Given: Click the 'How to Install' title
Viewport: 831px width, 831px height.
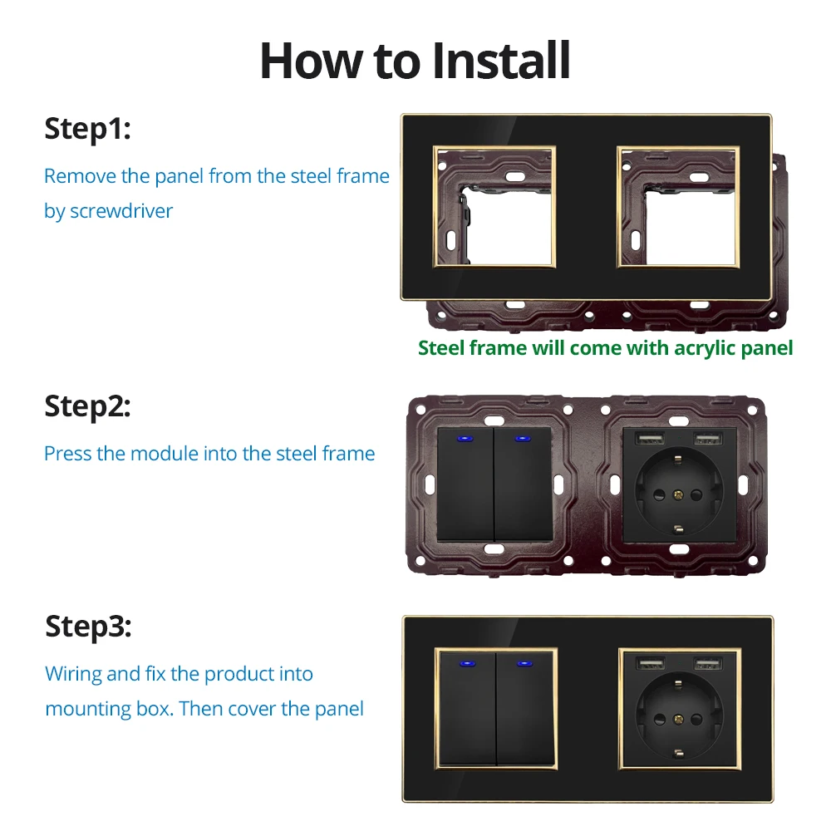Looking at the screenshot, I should point(415,60).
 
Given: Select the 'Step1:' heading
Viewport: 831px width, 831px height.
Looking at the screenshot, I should point(87,130).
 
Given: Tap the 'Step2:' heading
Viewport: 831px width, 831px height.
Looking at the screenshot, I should point(87,406).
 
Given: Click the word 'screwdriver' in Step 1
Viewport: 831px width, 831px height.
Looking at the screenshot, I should point(121,211).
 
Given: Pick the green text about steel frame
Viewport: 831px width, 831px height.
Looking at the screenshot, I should point(605,348).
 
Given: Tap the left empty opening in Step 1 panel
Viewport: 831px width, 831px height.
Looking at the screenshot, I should point(494,207).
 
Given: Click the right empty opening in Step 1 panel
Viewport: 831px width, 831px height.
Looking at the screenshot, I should point(678,207).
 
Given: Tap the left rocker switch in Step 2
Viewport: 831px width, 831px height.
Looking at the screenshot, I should point(465,484).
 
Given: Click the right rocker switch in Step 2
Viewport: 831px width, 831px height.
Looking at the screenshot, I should point(524,484).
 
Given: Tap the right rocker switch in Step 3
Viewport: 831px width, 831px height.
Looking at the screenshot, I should point(525,711).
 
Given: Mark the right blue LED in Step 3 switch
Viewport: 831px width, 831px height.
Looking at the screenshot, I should point(525,664).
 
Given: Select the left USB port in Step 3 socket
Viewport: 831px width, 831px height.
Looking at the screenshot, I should point(646,662).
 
